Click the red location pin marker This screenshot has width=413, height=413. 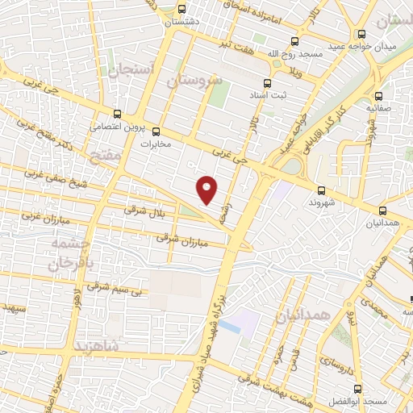[208, 189]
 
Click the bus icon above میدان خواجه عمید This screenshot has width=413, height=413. [362, 34]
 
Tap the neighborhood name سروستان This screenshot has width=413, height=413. [194, 81]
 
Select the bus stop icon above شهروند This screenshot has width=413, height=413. [321, 191]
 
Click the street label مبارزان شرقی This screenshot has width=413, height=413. [181, 239]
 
